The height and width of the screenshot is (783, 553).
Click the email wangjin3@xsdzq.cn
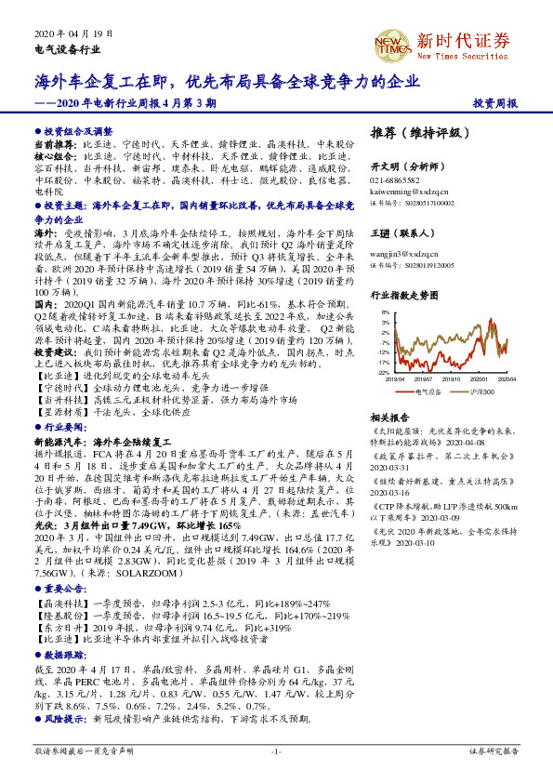click(404, 251)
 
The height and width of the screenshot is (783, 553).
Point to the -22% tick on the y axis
click(382, 372)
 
